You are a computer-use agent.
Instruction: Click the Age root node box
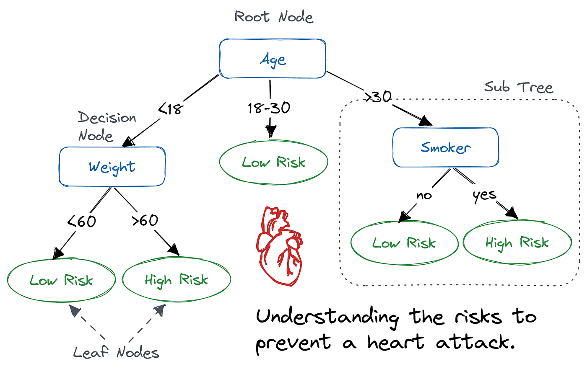273,59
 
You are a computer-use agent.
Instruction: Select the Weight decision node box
112,167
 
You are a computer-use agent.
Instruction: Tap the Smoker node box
445,147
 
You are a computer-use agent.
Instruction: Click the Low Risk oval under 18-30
273,162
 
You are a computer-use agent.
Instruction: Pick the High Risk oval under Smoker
517,243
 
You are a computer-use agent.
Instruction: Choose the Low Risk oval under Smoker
404,243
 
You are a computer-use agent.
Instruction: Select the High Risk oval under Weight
176,280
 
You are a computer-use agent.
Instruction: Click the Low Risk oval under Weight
61,280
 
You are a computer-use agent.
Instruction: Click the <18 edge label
171,109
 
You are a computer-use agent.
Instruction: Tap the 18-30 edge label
269,108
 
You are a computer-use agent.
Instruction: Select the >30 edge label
378,97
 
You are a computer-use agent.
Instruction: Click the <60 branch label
82,221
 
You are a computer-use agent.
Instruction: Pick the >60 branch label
145,220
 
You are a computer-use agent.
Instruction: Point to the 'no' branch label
424,195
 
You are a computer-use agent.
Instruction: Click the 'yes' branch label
484,195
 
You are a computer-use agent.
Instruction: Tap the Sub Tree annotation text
519,87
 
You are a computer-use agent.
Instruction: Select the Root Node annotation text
274,17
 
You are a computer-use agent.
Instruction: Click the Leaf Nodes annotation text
116,352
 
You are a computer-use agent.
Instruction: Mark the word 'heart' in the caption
395,343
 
